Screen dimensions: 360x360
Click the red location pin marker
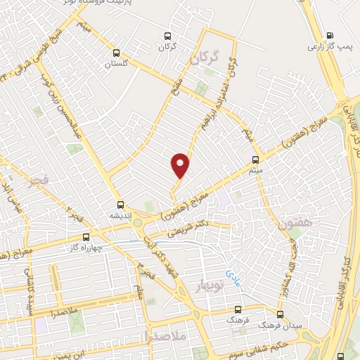(181, 165)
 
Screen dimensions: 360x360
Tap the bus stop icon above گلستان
(117, 52)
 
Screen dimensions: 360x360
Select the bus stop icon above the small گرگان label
(167, 35)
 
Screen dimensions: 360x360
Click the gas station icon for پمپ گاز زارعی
(330, 35)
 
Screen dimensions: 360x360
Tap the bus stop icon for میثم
(255, 160)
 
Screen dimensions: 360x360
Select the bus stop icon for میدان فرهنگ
(281, 314)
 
